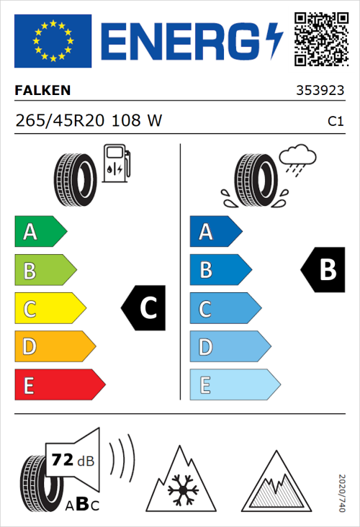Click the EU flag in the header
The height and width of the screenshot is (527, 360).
53,41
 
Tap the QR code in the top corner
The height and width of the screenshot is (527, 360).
320,39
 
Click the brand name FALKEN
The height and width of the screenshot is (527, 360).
43,91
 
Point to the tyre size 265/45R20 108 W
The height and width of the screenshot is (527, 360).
89,122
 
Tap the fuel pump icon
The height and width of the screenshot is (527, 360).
115,163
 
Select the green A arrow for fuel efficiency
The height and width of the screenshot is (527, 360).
40,232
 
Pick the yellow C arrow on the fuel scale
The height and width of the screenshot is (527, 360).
49,309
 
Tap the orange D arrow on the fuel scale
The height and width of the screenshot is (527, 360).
54,347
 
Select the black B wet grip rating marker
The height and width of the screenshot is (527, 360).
322,270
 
